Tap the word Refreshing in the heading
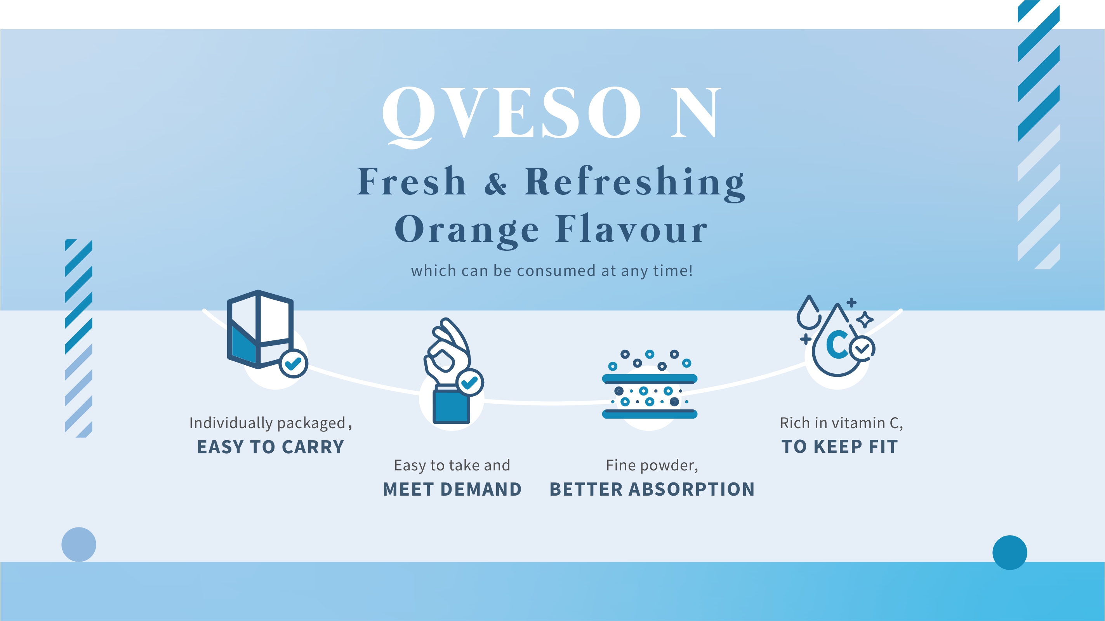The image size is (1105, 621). pos(635,184)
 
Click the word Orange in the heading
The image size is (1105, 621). pos(466,231)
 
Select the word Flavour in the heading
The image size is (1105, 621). pos(631,228)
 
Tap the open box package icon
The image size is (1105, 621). pos(260,330)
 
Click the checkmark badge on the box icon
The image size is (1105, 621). pos(294,364)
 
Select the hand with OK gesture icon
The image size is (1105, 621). pos(448,371)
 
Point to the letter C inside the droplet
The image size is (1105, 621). pos(837,344)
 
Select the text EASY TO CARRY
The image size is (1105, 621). pos(271,447)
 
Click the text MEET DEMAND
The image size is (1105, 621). pos(452,489)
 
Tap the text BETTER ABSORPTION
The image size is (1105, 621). pos(652,489)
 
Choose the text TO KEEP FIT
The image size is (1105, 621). pos(839,446)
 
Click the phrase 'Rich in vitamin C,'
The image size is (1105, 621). pos(841,423)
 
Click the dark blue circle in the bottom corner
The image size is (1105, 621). pos(1010,552)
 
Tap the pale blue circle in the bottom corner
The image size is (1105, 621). pos(78,544)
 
